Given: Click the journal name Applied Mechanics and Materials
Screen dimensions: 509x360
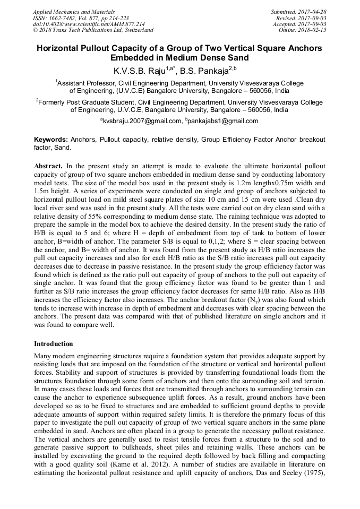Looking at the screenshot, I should (73, 11).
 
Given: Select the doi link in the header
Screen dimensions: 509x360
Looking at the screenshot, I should (89, 24).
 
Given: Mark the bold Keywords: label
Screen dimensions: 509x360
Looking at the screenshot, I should (51, 139).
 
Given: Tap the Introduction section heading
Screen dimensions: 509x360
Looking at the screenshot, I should (54, 344).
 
